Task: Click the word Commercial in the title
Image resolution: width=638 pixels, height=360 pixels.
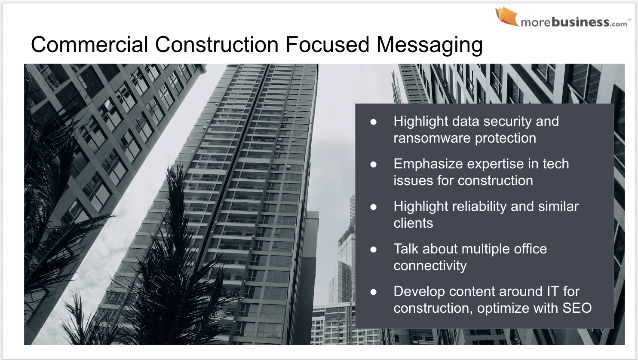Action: [89, 45]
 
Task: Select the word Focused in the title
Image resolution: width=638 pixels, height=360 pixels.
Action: [328, 45]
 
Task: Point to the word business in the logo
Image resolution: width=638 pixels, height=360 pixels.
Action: [580, 21]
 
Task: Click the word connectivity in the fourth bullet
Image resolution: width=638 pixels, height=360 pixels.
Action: [430, 266]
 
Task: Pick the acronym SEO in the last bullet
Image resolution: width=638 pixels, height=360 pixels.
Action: [577, 308]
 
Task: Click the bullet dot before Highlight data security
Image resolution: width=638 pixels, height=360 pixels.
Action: [374, 122]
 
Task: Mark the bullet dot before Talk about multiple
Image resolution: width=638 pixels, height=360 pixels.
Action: [374, 250]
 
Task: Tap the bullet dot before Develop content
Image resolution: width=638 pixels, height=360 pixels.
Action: [374, 292]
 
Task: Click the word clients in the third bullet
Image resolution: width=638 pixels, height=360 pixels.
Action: [413, 223]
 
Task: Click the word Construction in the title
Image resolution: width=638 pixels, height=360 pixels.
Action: [217, 45]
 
